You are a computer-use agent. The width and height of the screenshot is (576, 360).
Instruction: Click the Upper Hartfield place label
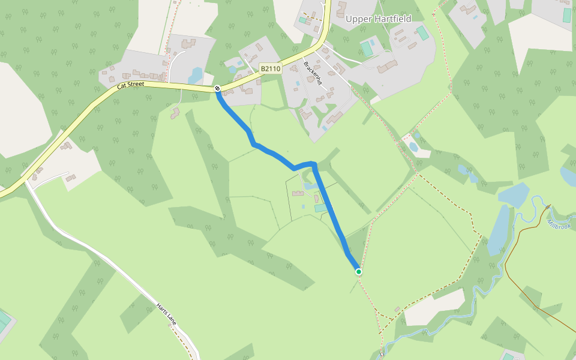[x=378, y=19]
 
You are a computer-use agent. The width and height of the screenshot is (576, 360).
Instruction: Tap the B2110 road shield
[x=270, y=69]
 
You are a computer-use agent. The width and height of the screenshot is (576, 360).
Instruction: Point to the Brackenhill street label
[x=314, y=71]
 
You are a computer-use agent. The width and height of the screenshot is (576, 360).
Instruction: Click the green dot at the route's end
[x=359, y=272]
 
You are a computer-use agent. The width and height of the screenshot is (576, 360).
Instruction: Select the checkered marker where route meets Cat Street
[x=217, y=89]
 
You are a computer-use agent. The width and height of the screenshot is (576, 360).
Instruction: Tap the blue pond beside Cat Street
[x=196, y=75]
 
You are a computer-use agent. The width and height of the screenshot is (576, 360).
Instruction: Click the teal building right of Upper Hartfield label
[x=422, y=32]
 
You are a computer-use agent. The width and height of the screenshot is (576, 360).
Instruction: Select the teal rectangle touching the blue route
[x=320, y=208]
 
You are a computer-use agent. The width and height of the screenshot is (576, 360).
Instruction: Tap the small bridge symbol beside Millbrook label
[x=547, y=206]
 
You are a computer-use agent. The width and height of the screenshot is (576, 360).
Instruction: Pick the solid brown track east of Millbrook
[x=522, y=288]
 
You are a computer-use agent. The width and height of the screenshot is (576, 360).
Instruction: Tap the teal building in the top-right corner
[x=567, y=15]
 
